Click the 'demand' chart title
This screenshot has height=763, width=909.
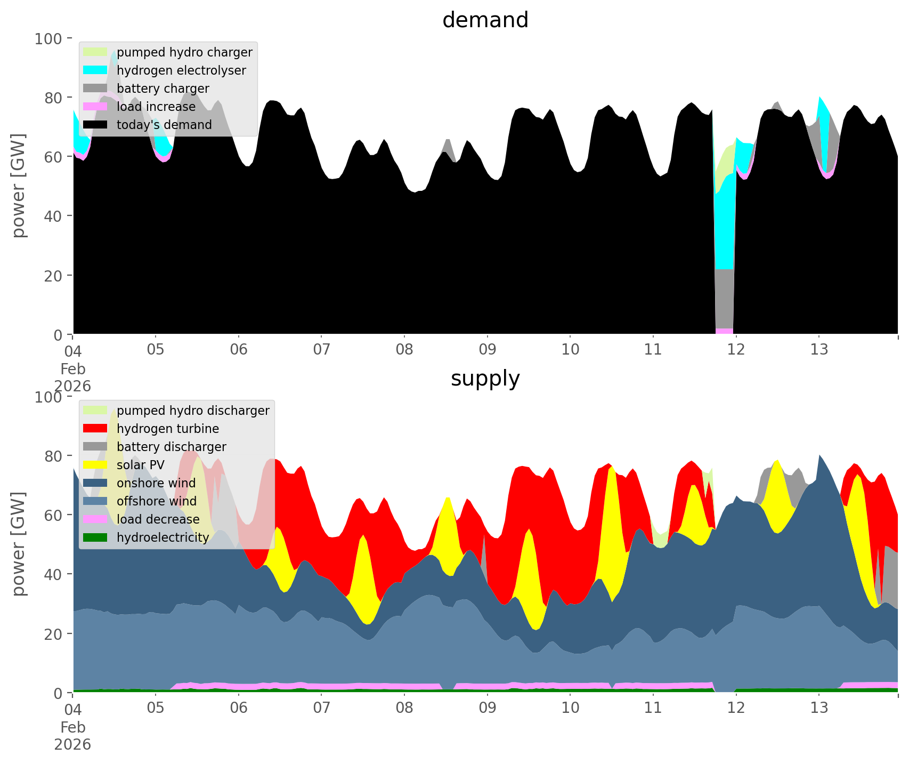[x=485, y=20]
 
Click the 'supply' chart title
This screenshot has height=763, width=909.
[x=485, y=379]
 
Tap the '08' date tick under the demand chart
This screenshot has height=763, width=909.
[x=404, y=350]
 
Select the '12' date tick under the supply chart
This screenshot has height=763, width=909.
[x=736, y=708]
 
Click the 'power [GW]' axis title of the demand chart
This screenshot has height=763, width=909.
[x=19, y=186]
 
